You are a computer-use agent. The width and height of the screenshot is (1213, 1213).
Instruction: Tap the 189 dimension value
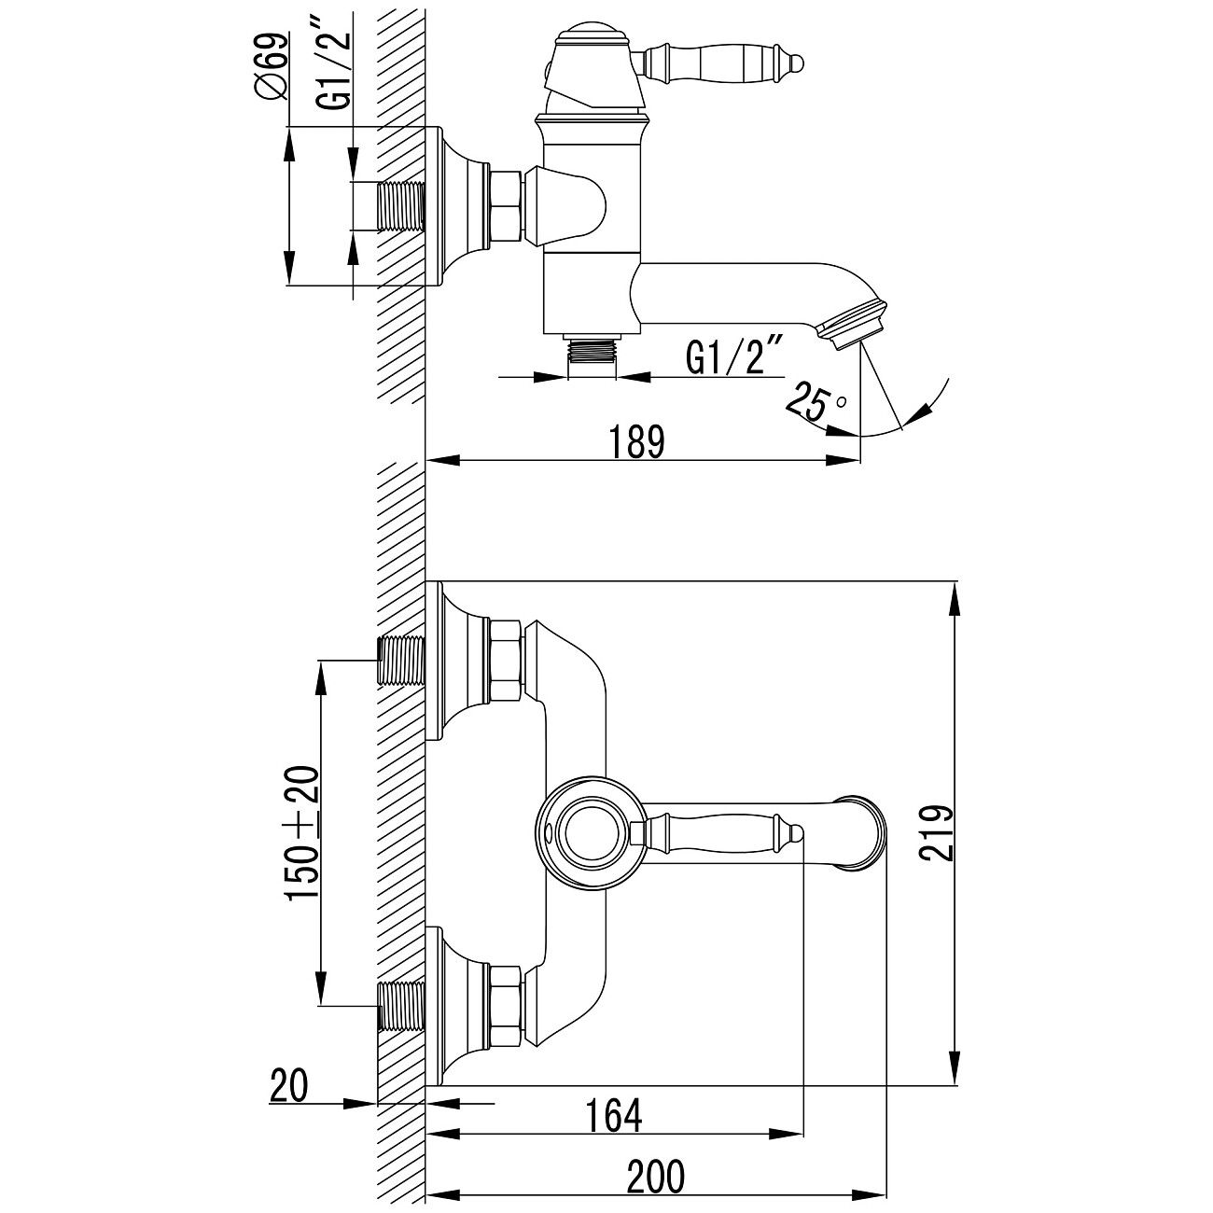[x=639, y=441]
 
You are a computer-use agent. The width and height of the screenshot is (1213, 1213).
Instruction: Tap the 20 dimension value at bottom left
[x=287, y=1086]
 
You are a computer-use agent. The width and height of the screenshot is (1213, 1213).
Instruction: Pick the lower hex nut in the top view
[x=505, y=1005]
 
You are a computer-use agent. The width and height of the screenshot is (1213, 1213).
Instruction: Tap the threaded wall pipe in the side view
[x=400, y=206]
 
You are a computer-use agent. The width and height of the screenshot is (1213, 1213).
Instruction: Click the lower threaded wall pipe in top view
[x=400, y=1005]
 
